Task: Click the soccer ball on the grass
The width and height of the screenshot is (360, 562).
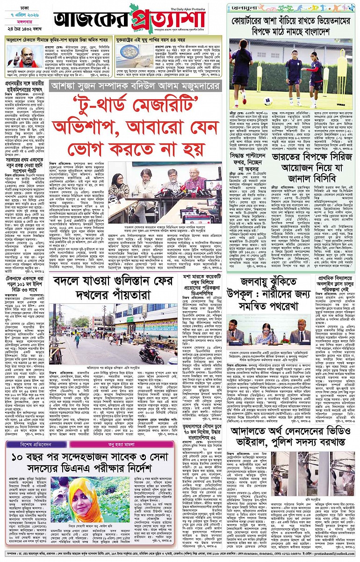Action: (270, 101)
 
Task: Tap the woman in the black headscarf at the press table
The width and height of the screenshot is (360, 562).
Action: (119, 185)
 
